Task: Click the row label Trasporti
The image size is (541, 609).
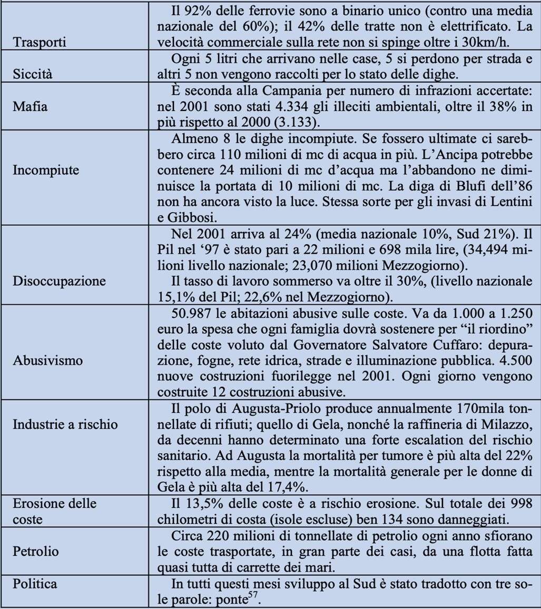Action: [x=40, y=42]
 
